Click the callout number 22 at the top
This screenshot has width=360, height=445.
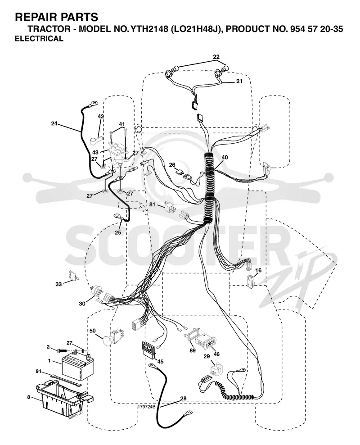(x=216, y=57)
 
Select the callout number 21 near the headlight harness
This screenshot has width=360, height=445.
(x=239, y=81)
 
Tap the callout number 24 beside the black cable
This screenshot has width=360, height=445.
(x=54, y=123)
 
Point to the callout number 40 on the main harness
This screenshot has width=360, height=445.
(x=225, y=157)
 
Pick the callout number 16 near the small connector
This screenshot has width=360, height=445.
(x=258, y=270)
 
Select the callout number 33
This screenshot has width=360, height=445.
(x=58, y=284)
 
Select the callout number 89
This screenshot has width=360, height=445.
(x=193, y=350)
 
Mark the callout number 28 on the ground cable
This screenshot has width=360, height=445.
(x=183, y=399)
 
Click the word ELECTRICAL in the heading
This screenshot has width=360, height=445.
(x=39, y=39)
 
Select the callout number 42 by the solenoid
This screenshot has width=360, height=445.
(x=101, y=116)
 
